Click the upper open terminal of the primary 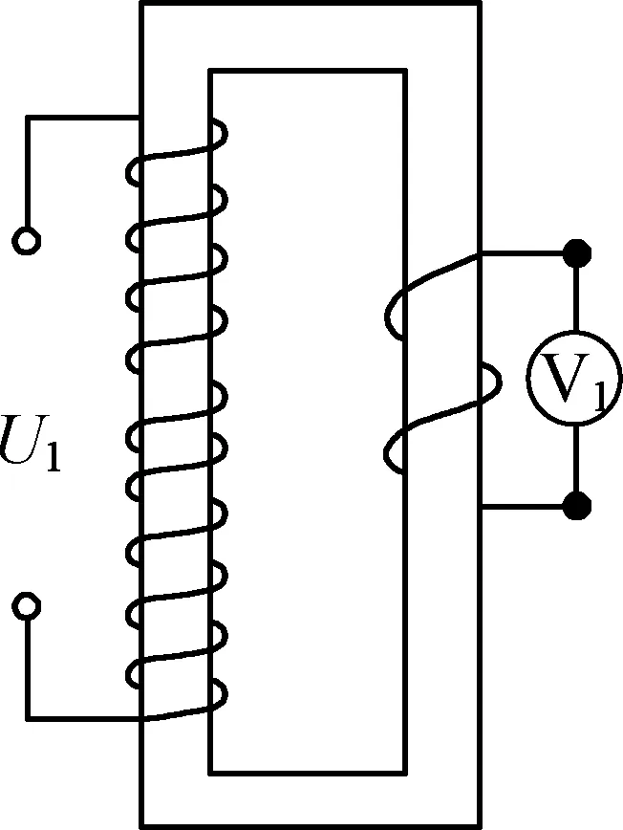tap(28, 241)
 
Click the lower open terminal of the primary tap(28, 605)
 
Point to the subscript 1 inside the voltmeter tap(597, 395)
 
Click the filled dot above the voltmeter tap(575, 253)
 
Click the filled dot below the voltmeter tap(575, 506)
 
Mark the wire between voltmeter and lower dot tap(575, 461)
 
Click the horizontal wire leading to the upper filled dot tap(526, 253)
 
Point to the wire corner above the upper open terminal tap(29, 118)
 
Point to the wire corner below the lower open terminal tap(29, 717)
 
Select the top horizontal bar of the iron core tap(310, 36)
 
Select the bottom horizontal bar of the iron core tap(310, 799)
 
